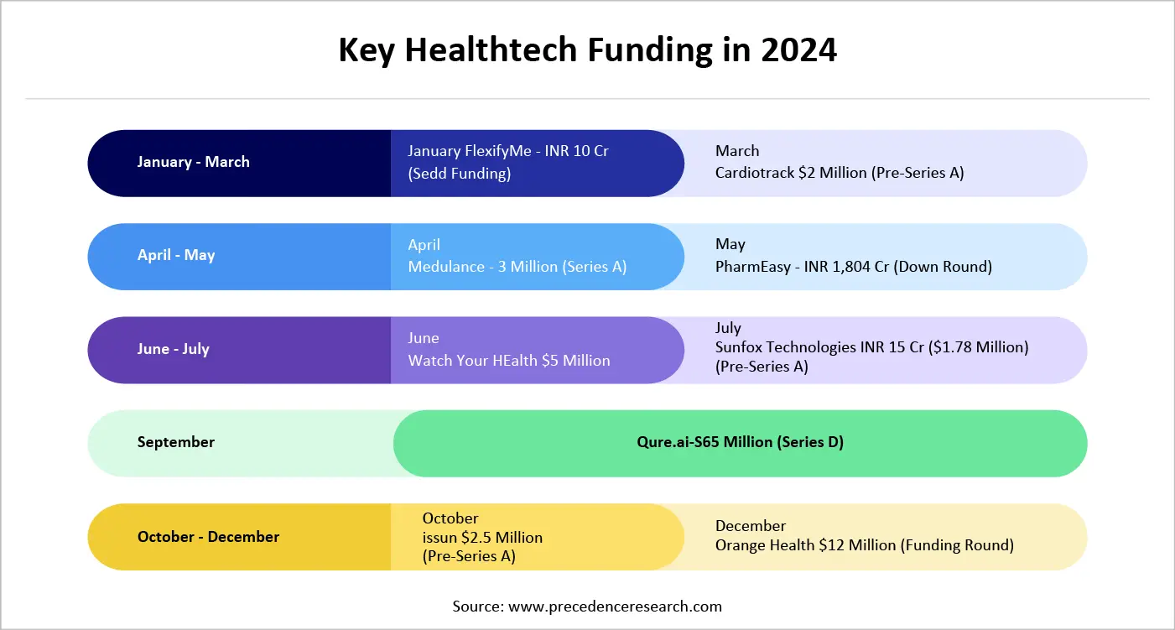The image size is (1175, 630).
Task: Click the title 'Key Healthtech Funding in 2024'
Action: click(x=587, y=50)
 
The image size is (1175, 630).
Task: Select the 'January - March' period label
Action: click(x=194, y=162)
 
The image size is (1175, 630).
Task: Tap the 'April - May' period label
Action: click(x=176, y=255)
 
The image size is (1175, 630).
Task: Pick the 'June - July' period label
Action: click(x=174, y=349)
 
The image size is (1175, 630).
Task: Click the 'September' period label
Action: click(x=176, y=442)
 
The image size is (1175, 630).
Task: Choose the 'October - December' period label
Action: click(x=209, y=537)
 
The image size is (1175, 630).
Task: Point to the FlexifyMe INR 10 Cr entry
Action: click(x=508, y=152)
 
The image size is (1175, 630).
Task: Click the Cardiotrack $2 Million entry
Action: click(x=840, y=173)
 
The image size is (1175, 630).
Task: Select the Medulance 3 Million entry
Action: click(x=517, y=267)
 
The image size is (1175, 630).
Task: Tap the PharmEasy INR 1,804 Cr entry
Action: click(x=854, y=267)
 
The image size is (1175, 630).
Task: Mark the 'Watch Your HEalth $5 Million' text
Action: click(x=509, y=361)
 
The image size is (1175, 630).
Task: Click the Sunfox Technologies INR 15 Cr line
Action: click(x=871, y=346)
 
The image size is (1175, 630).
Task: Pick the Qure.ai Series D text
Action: click(x=740, y=442)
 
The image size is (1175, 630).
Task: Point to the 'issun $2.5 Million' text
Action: click(x=482, y=537)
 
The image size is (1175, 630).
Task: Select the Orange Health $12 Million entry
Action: click(x=865, y=545)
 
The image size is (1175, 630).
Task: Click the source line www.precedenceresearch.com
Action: click(x=587, y=606)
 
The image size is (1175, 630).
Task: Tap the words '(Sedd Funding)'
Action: click(x=460, y=174)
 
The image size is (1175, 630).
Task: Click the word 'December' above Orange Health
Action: click(x=751, y=526)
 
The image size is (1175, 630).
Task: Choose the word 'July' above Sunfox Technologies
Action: click(x=729, y=328)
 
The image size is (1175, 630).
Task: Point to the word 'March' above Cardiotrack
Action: click(x=737, y=151)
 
